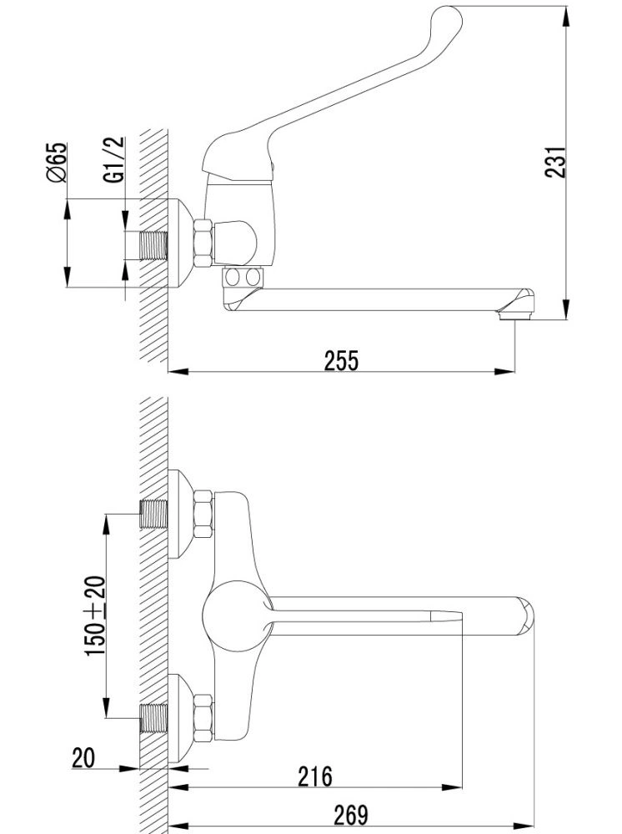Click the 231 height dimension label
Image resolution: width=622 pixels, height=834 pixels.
coord(555,163)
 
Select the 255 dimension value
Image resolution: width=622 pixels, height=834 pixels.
coord(341,360)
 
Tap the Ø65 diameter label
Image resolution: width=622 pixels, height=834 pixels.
coord(58,163)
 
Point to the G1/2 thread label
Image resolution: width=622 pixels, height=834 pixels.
coord(114,159)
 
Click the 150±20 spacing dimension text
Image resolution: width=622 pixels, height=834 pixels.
coord(96,616)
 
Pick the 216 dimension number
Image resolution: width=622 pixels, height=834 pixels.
coord(314,776)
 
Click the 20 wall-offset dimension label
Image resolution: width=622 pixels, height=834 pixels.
coord(83,758)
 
